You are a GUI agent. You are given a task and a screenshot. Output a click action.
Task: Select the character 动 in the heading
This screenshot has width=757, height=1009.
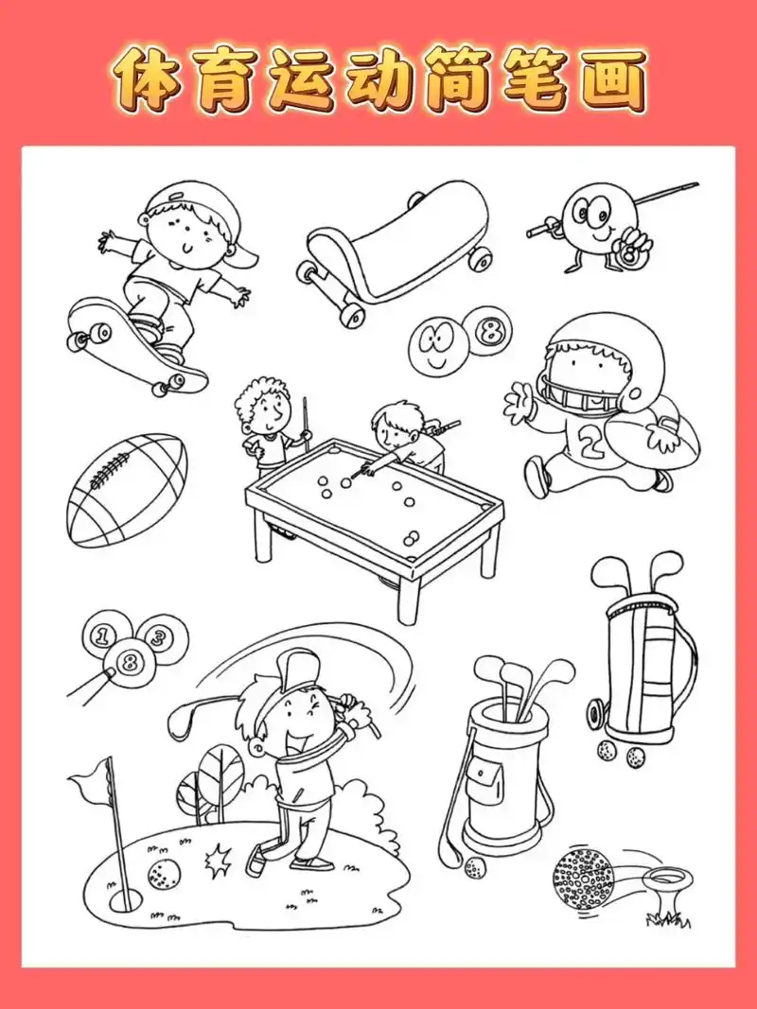[378, 79]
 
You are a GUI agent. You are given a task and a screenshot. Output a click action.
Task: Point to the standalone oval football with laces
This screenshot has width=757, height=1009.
[127, 491]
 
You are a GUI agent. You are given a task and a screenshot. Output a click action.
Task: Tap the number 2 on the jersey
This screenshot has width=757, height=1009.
[588, 441]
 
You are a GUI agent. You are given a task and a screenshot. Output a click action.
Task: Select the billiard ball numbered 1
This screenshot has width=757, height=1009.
[101, 635]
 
